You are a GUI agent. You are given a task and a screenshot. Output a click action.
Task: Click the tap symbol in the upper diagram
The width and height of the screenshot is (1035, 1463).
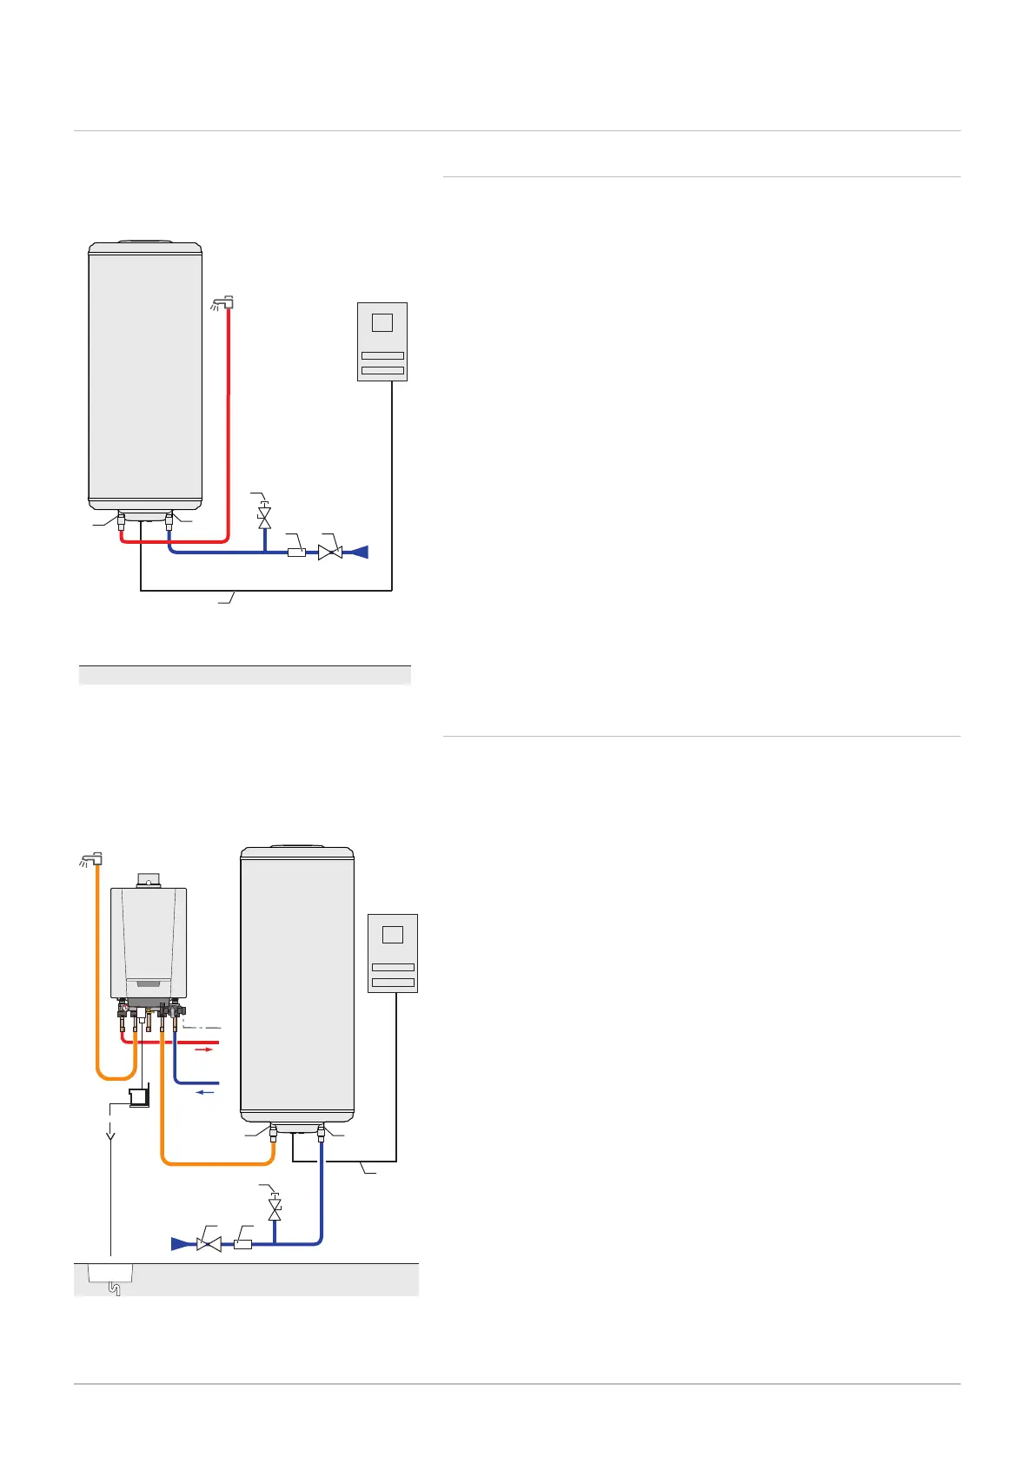(x=224, y=303)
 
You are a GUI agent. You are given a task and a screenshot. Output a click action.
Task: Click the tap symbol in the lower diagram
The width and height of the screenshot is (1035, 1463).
(x=91, y=859)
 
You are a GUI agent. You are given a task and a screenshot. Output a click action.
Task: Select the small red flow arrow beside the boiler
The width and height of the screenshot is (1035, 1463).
(x=203, y=1049)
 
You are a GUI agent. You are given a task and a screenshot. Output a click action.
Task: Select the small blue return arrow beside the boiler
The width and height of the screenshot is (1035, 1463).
(x=205, y=1093)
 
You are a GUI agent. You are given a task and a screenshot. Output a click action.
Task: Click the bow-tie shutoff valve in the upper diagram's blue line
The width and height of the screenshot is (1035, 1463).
(x=329, y=552)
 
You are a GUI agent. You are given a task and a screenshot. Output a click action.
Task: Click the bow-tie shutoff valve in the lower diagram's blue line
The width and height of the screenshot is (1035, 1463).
(x=209, y=1244)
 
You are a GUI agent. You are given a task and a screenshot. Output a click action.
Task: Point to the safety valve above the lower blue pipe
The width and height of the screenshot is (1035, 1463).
(x=275, y=1208)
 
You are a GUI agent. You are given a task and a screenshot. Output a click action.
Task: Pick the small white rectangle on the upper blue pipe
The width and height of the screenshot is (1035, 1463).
(x=296, y=552)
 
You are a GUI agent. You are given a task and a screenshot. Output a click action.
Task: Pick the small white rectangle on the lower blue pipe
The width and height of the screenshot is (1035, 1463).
(x=242, y=1244)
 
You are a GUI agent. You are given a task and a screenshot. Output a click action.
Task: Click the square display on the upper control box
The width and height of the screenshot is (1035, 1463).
(x=381, y=322)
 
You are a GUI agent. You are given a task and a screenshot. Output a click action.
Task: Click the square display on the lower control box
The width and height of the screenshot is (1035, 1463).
(x=393, y=935)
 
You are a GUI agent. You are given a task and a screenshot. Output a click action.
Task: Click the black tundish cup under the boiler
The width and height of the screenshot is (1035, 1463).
(x=137, y=1098)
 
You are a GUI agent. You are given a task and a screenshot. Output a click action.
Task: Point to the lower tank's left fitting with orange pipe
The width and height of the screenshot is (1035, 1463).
(x=273, y=1134)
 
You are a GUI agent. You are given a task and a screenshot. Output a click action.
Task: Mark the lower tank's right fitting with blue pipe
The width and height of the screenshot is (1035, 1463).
(x=321, y=1134)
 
